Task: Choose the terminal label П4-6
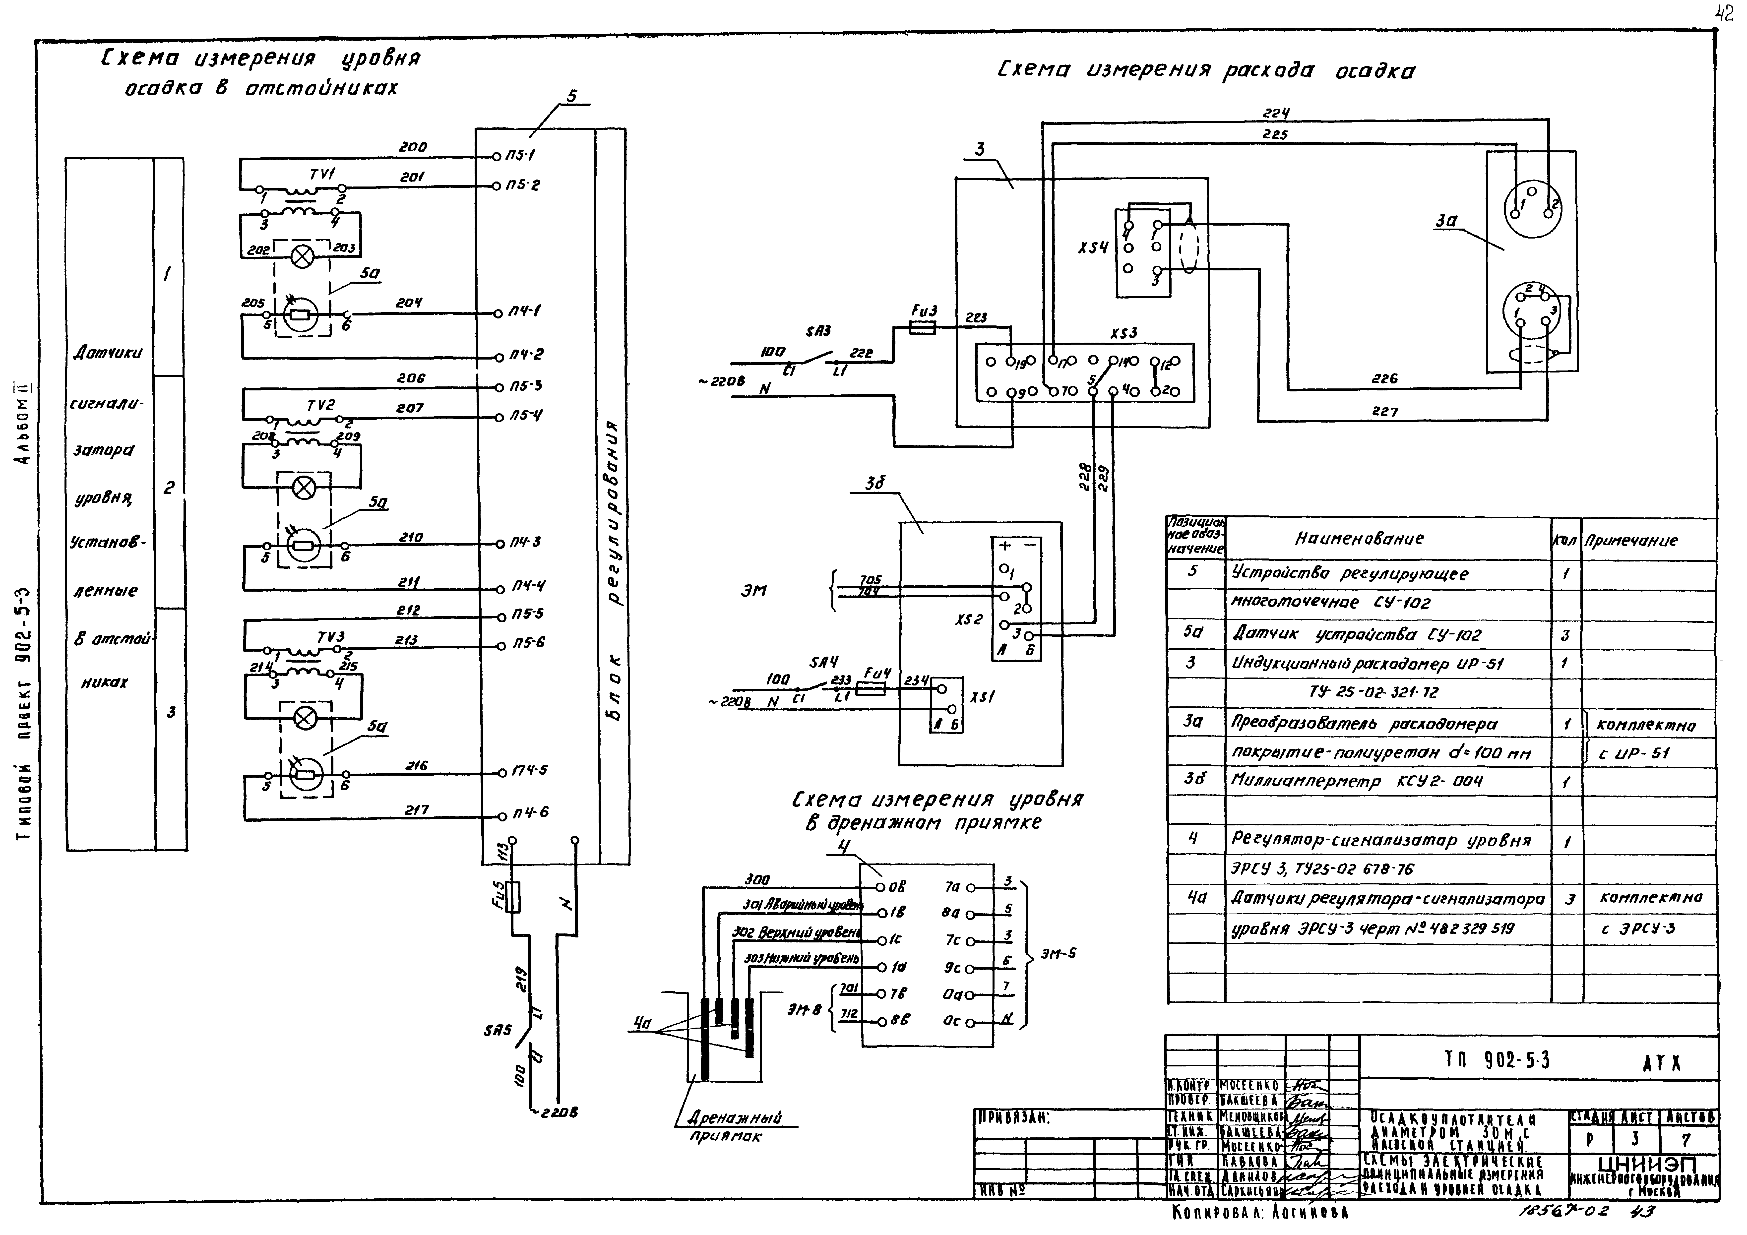pyautogui.click(x=530, y=813)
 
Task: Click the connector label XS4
pyautogui.click(x=1093, y=249)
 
